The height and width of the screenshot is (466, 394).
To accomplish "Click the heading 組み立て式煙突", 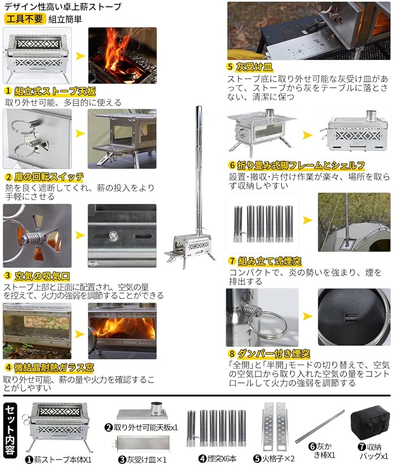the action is coord(275,260).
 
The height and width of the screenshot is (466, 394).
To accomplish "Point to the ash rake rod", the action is coord(320,426).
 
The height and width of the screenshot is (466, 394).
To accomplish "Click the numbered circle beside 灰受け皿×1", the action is coord(122,459).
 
